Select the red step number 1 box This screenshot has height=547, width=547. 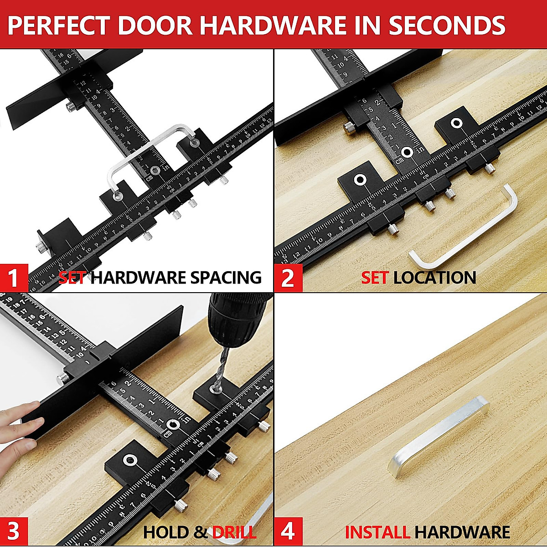[14, 278]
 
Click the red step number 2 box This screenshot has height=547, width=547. [288, 278]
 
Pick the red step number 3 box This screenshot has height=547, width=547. [14, 532]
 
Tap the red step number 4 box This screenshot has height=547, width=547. [288, 532]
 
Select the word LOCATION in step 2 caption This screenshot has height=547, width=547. [434, 278]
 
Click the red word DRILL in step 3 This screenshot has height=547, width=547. [234, 532]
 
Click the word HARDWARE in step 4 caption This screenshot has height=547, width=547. [462, 532]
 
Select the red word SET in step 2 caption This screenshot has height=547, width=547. [375, 278]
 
